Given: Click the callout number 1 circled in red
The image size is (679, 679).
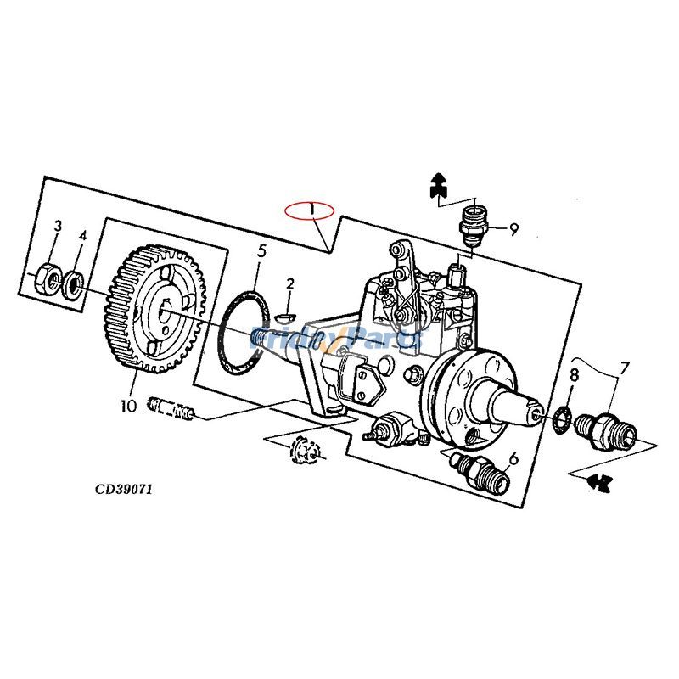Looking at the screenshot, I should pyautogui.click(x=311, y=210).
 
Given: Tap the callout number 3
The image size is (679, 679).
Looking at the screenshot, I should pyautogui.click(x=58, y=227).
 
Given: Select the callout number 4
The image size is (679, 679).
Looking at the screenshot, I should pyautogui.click(x=82, y=235).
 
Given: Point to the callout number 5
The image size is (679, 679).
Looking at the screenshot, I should pyautogui.click(x=261, y=250).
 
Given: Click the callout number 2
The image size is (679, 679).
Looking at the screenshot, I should pyautogui.click(x=289, y=283).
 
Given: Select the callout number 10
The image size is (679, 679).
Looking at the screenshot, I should pyautogui.click(x=128, y=407).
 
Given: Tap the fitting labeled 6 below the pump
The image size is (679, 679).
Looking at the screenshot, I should pyautogui.click(x=480, y=472).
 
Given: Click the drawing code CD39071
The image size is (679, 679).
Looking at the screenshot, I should pyautogui.click(x=123, y=489).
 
